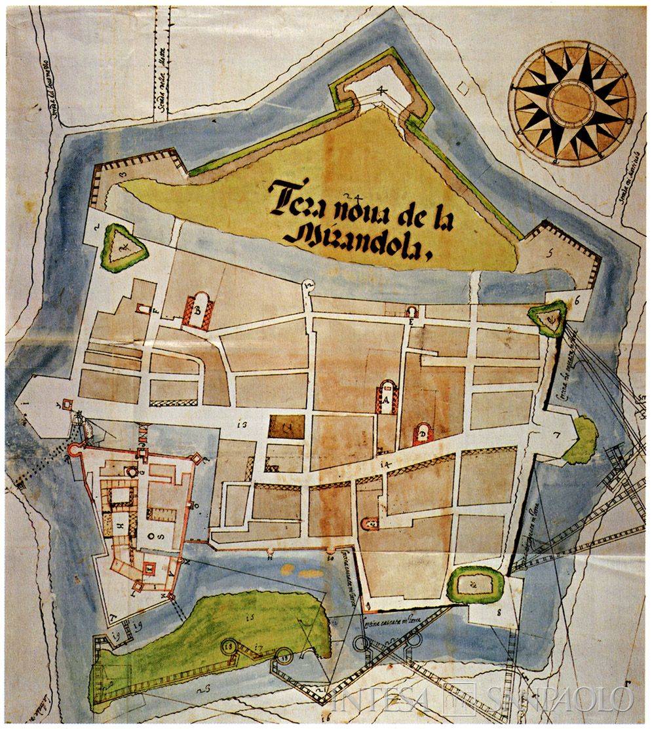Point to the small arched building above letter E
[x=412, y=312]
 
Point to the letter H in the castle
[x=120, y=525]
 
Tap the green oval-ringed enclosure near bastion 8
[x=475, y=584]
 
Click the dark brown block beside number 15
[x=286, y=427]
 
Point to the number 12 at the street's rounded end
[x=308, y=284]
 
